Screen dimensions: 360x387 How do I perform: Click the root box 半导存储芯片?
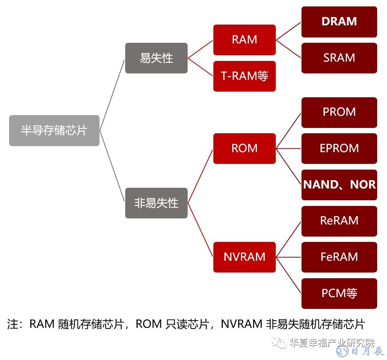[x=54, y=131]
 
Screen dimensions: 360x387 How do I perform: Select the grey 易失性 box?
[x=156, y=58]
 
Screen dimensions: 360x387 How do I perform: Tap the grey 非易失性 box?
[x=156, y=203]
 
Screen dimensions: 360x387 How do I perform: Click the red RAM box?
[x=244, y=40]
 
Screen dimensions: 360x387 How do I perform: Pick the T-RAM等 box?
[x=244, y=76]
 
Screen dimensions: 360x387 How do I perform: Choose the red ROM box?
[x=244, y=148]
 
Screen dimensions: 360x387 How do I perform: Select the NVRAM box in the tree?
[x=244, y=257]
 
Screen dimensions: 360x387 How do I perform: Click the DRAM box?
[x=339, y=22]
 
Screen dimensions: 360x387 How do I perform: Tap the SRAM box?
[x=339, y=58]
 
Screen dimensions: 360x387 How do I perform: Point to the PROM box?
[x=339, y=112]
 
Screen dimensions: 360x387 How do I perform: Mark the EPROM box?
[x=339, y=148]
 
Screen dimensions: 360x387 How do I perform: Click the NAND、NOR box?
[x=339, y=185]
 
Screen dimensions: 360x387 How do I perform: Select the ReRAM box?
[x=339, y=221]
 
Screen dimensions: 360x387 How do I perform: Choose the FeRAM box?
[x=339, y=257]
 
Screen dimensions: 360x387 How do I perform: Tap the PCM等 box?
[x=339, y=293]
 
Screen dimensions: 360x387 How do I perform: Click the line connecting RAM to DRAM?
[x=289, y=31]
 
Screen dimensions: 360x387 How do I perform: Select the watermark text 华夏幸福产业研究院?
[x=331, y=343]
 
